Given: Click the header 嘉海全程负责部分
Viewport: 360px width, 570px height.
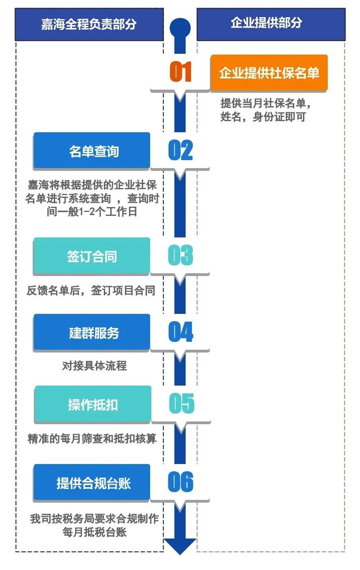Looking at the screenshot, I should tap(89, 24).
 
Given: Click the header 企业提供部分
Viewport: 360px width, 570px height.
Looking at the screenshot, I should tap(271, 24).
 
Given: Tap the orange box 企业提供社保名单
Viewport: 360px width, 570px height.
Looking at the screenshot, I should tap(269, 73).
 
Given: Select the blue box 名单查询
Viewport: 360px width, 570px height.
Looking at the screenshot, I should tap(92, 151).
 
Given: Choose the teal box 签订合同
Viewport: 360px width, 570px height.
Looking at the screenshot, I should tap(92, 256).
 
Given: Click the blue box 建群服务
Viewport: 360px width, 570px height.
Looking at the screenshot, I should tap(92, 332).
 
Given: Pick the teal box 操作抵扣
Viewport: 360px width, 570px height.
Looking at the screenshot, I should tap(93, 404).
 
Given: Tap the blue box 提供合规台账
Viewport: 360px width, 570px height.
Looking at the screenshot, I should tap(92, 483).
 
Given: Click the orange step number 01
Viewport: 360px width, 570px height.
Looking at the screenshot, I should tap(180, 72).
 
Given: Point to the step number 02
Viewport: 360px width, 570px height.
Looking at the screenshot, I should tap(180, 151).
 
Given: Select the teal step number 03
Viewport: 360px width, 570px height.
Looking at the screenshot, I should tap(180, 255).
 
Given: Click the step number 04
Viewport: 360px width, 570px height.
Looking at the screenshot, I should tap(180, 332).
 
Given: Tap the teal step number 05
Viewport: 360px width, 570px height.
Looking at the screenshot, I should tap(181, 404).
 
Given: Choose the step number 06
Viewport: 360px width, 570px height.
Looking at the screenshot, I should tap(180, 482).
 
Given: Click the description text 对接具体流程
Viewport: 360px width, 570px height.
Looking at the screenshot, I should tap(94, 366).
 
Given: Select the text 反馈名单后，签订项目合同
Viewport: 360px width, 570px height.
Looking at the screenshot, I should tap(91, 290).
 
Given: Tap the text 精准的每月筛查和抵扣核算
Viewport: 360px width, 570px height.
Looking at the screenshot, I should tap(92, 439).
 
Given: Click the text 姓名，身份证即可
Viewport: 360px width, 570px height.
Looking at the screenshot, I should tap(263, 117).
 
